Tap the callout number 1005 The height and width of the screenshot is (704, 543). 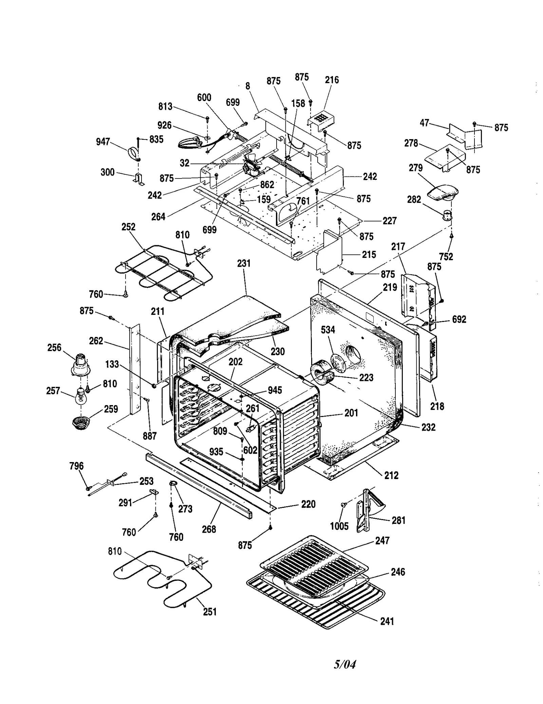339,526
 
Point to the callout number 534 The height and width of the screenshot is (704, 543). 328,330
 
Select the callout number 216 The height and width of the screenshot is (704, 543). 332,80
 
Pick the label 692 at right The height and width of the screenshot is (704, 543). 459,319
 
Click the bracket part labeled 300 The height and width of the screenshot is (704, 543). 139,179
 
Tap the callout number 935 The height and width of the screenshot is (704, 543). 216,452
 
